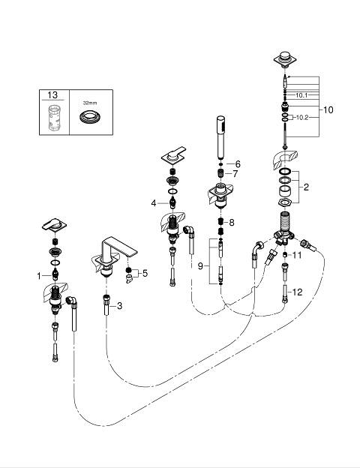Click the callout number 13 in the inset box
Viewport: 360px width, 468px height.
52,95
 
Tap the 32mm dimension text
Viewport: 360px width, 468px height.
90,103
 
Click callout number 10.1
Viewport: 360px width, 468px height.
301,95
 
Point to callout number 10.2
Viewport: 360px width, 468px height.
302,118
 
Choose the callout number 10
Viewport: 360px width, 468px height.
328,109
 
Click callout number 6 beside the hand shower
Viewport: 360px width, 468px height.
238,163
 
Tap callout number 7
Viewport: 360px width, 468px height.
235,174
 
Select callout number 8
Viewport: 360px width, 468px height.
232,222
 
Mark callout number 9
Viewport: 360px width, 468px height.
200,265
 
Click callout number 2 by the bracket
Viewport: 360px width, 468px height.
306,187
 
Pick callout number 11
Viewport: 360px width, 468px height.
297,255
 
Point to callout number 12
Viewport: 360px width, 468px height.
297,292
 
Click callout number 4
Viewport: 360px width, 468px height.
154,203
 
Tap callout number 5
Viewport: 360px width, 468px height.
145,273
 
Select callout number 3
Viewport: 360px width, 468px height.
119,306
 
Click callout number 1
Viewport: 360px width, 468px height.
39,276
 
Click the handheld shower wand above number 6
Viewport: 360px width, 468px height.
220,137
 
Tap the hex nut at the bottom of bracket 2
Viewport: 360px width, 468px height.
284,202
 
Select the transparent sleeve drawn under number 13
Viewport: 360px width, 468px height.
54,118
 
